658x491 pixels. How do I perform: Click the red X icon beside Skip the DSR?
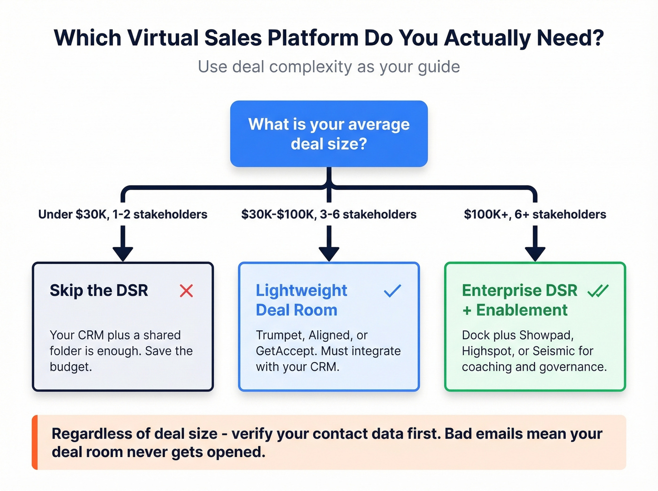187,291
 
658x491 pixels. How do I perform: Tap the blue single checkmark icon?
392,291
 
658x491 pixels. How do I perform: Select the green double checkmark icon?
598,291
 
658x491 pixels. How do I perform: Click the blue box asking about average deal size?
329,134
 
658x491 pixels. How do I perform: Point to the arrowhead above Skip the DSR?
123,254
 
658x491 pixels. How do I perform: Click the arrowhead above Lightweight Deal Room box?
329,254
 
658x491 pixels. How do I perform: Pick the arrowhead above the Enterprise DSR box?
535,254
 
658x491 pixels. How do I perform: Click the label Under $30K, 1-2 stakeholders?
123,215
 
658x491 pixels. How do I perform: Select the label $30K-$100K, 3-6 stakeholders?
329,215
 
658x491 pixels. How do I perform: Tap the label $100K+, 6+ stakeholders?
535,215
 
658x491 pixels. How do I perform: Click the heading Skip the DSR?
99,290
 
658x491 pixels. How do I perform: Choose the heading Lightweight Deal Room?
301,300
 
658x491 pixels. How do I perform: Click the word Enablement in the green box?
522,310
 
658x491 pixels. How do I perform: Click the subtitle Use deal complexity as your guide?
329,67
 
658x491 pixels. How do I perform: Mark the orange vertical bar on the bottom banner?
35,442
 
